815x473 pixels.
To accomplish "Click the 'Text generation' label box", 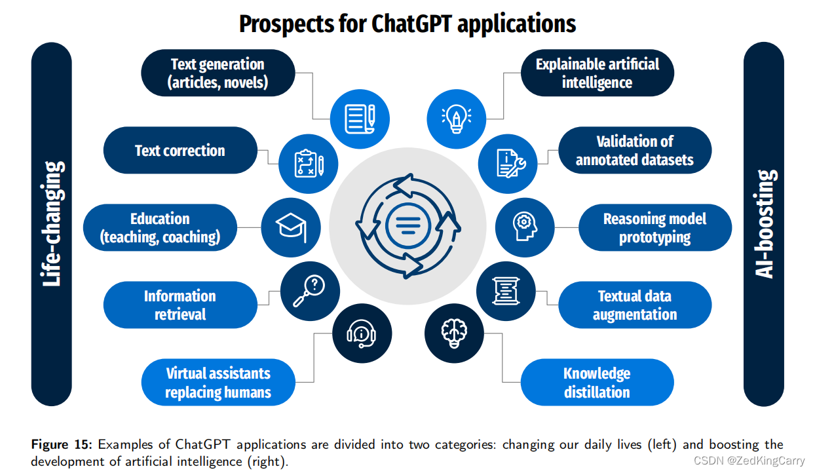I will tap(218, 73).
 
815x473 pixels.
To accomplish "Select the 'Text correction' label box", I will tap(180, 151).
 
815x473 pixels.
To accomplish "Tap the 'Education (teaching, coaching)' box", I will tap(160, 227).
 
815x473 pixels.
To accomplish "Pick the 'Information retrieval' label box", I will tap(180, 305).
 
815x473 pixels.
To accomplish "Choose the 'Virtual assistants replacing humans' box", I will tap(218, 383).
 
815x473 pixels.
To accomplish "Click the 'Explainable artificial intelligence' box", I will tap(597, 73).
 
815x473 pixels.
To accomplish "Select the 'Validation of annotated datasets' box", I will tap(634, 151).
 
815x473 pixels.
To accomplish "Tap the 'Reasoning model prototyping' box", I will tap(654, 227).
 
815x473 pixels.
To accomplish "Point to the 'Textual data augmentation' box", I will tap(634, 305).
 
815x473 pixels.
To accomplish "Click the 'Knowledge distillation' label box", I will tap(597, 383).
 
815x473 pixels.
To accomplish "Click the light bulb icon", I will tap(456, 119).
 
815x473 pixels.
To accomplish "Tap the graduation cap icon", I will tap(291, 227).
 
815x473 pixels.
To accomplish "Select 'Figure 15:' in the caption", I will tap(62, 445).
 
